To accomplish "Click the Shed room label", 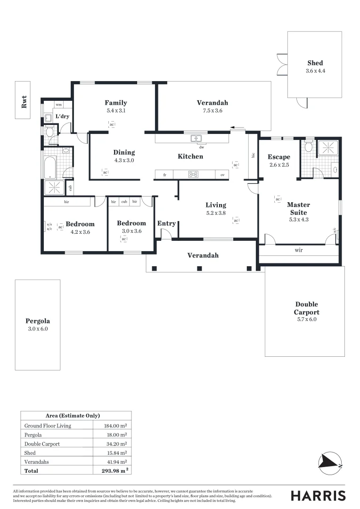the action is click(315, 63).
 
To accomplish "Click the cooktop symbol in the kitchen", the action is click(193, 174).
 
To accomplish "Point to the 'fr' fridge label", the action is click(165, 175).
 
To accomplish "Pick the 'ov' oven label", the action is click(222, 175).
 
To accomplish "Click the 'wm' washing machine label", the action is click(59, 105).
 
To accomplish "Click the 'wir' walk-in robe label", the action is click(298, 250).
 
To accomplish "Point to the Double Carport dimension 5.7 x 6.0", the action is click(306, 320).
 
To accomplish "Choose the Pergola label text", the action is click(38, 321).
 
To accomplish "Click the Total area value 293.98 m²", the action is click(116, 470).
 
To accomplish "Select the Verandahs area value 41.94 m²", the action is click(115, 461).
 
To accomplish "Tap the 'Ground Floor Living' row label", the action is click(48, 426).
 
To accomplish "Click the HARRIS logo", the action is click(318, 495).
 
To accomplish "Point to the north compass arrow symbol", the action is click(330, 460).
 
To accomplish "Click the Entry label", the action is click(166, 223).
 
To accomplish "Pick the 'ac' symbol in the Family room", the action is click(112, 124).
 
